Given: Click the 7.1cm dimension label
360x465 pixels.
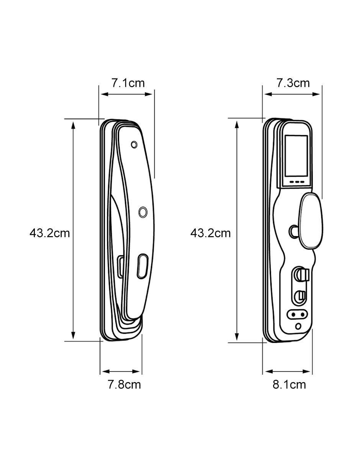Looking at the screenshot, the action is pos(128,83).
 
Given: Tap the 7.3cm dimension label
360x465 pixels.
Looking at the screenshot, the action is pos(293,83).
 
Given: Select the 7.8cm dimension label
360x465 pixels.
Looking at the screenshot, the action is pos(124,385).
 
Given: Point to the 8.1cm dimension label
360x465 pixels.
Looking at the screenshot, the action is pos(289,385).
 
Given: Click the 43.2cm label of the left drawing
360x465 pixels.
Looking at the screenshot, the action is pos(50,233).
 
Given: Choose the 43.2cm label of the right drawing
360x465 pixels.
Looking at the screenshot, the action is pos(210,233).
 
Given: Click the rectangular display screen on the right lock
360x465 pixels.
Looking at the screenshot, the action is pos(296,156).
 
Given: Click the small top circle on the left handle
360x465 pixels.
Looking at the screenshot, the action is pos(134,145).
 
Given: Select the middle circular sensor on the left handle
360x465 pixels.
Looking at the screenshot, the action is pos(142,212).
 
